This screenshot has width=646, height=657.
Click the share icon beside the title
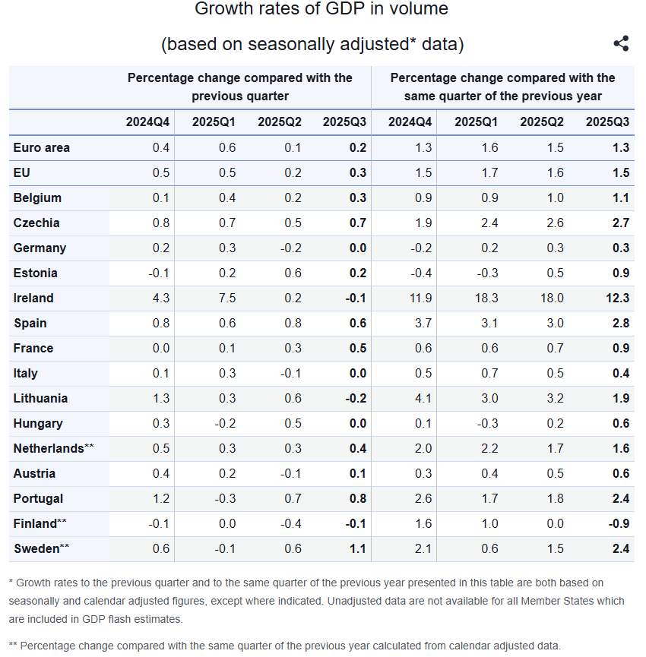point(621,43)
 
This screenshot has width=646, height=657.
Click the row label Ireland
point(33,298)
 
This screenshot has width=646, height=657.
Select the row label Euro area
point(41,147)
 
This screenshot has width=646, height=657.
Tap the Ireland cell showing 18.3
point(486,298)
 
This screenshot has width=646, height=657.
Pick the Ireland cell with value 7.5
point(227,298)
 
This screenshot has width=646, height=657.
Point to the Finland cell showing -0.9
point(619,523)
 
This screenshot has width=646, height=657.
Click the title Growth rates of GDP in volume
point(321,9)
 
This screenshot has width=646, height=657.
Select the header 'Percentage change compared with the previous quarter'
point(239,87)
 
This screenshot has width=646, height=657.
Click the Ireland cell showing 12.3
point(617,298)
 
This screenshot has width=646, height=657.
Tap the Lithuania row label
point(40,398)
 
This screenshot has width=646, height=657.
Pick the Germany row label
point(40,248)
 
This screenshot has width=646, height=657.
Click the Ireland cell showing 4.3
point(161,298)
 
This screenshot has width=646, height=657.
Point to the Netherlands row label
point(47,448)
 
